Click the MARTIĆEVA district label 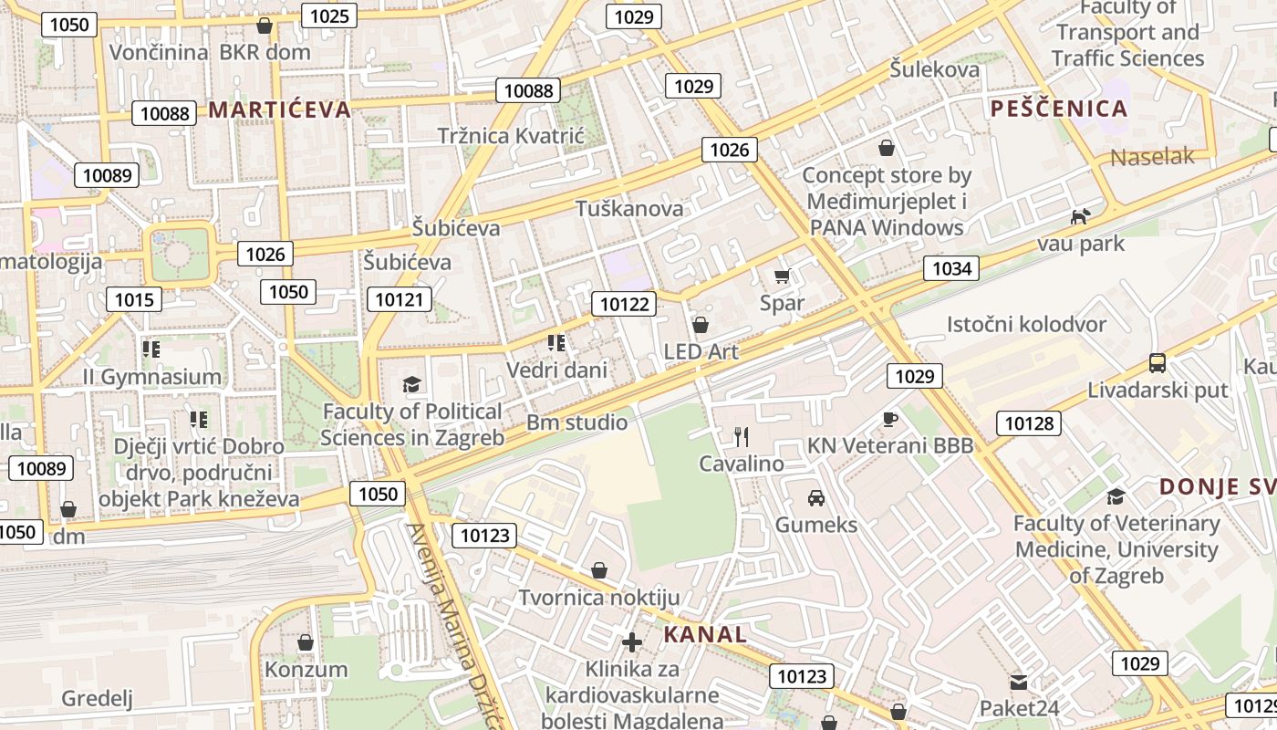pyautogui.click(x=279, y=109)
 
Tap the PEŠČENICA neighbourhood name pyautogui.click(x=1059, y=109)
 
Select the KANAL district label pyautogui.click(x=704, y=634)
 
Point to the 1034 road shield pyautogui.click(x=951, y=267)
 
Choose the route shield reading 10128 pyautogui.click(x=1029, y=422)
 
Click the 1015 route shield pyautogui.click(x=134, y=298)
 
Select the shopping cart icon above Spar pyautogui.click(x=782, y=276)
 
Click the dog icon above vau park pyautogui.click(x=1080, y=217)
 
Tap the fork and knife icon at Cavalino pyautogui.click(x=741, y=437)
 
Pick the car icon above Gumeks pyautogui.click(x=815, y=498)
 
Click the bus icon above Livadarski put pyautogui.click(x=1157, y=363)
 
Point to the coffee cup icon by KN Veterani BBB pyautogui.click(x=890, y=419)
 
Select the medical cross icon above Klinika pyautogui.click(x=631, y=641)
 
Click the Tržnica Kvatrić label pyautogui.click(x=510, y=135)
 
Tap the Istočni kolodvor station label pyautogui.click(x=1026, y=324)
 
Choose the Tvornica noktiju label pyautogui.click(x=599, y=598)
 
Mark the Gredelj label pyautogui.click(x=97, y=699)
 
